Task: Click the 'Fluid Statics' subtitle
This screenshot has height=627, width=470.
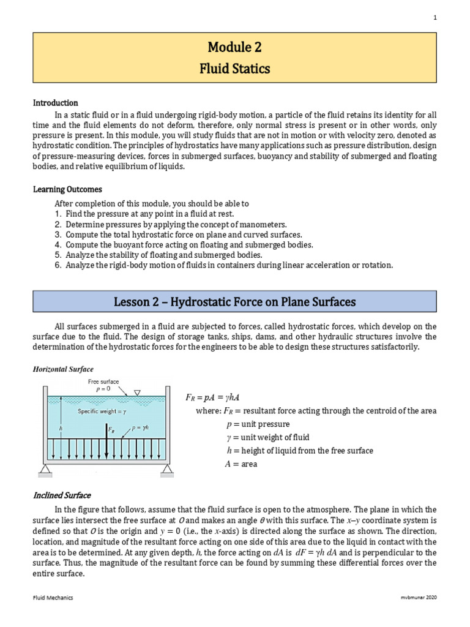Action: click(x=235, y=69)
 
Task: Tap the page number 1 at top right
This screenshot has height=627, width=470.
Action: click(x=435, y=18)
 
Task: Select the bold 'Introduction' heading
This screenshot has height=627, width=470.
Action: click(x=55, y=103)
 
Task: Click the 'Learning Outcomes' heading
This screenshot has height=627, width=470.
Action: click(x=67, y=190)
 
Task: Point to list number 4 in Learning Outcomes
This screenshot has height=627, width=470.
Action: click(x=58, y=245)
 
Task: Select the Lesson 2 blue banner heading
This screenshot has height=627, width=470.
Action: click(x=235, y=302)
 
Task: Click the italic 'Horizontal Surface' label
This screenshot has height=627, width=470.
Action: click(x=63, y=369)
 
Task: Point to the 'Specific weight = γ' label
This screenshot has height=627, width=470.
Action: click(x=102, y=411)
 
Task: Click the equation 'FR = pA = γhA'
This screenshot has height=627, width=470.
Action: click(x=214, y=398)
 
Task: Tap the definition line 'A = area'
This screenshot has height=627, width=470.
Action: click(x=241, y=464)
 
